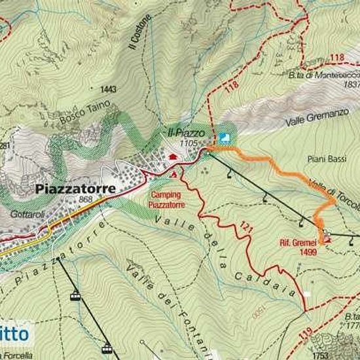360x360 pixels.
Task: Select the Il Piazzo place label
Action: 187,133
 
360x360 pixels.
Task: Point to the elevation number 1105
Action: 188,142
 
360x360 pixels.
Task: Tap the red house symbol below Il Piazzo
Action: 173,156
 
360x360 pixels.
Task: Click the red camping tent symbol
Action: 174,175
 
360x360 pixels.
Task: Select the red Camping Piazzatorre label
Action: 168,200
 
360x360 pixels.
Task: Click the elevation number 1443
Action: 108,89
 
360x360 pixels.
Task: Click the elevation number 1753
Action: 320,355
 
